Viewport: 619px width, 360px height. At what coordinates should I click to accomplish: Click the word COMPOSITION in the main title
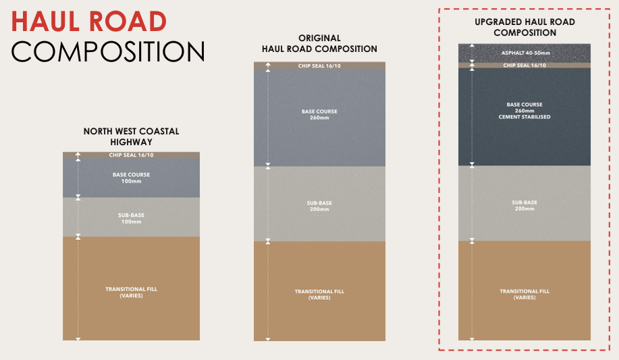(x=108, y=52)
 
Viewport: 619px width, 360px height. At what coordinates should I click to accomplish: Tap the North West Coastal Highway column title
(x=131, y=136)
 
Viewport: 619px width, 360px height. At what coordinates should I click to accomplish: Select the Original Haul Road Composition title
(x=319, y=44)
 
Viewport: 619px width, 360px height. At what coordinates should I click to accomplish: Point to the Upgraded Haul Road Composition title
(x=524, y=27)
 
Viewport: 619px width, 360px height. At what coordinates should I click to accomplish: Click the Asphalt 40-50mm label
(x=524, y=53)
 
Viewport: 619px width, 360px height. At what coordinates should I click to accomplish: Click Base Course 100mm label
(x=131, y=178)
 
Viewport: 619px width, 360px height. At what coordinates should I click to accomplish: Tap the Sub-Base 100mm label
(x=131, y=218)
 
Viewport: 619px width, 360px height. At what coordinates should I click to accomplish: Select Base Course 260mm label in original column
(x=319, y=114)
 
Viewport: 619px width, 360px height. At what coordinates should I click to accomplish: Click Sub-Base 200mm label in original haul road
(x=319, y=206)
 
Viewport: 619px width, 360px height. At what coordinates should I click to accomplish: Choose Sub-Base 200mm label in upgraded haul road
(x=524, y=205)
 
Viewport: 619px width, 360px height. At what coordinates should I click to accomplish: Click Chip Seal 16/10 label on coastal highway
(x=131, y=155)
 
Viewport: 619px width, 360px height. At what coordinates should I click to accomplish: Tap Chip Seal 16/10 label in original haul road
(x=319, y=66)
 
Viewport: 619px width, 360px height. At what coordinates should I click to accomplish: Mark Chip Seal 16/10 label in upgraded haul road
(x=524, y=66)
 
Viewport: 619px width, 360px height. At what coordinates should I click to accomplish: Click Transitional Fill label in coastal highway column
(x=131, y=292)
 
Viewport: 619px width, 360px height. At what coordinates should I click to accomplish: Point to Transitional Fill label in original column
(x=319, y=294)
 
